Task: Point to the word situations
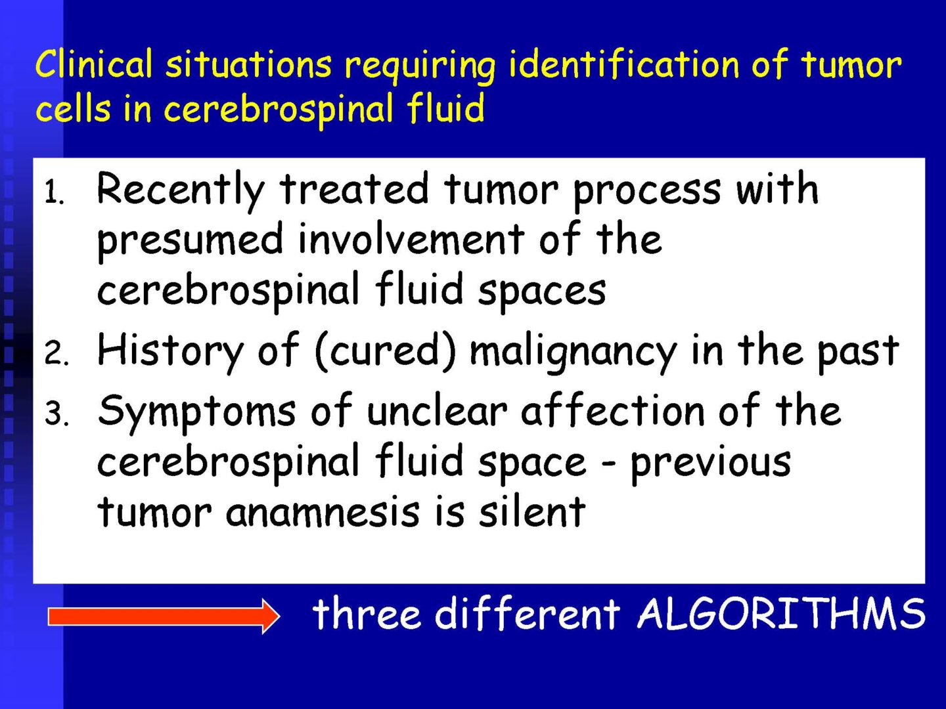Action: [248, 64]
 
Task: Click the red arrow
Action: [164, 616]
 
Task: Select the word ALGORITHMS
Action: [781, 613]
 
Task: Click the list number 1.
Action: [55, 192]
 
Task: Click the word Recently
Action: [180, 192]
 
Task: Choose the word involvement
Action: [411, 239]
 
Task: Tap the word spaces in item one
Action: [542, 293]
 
